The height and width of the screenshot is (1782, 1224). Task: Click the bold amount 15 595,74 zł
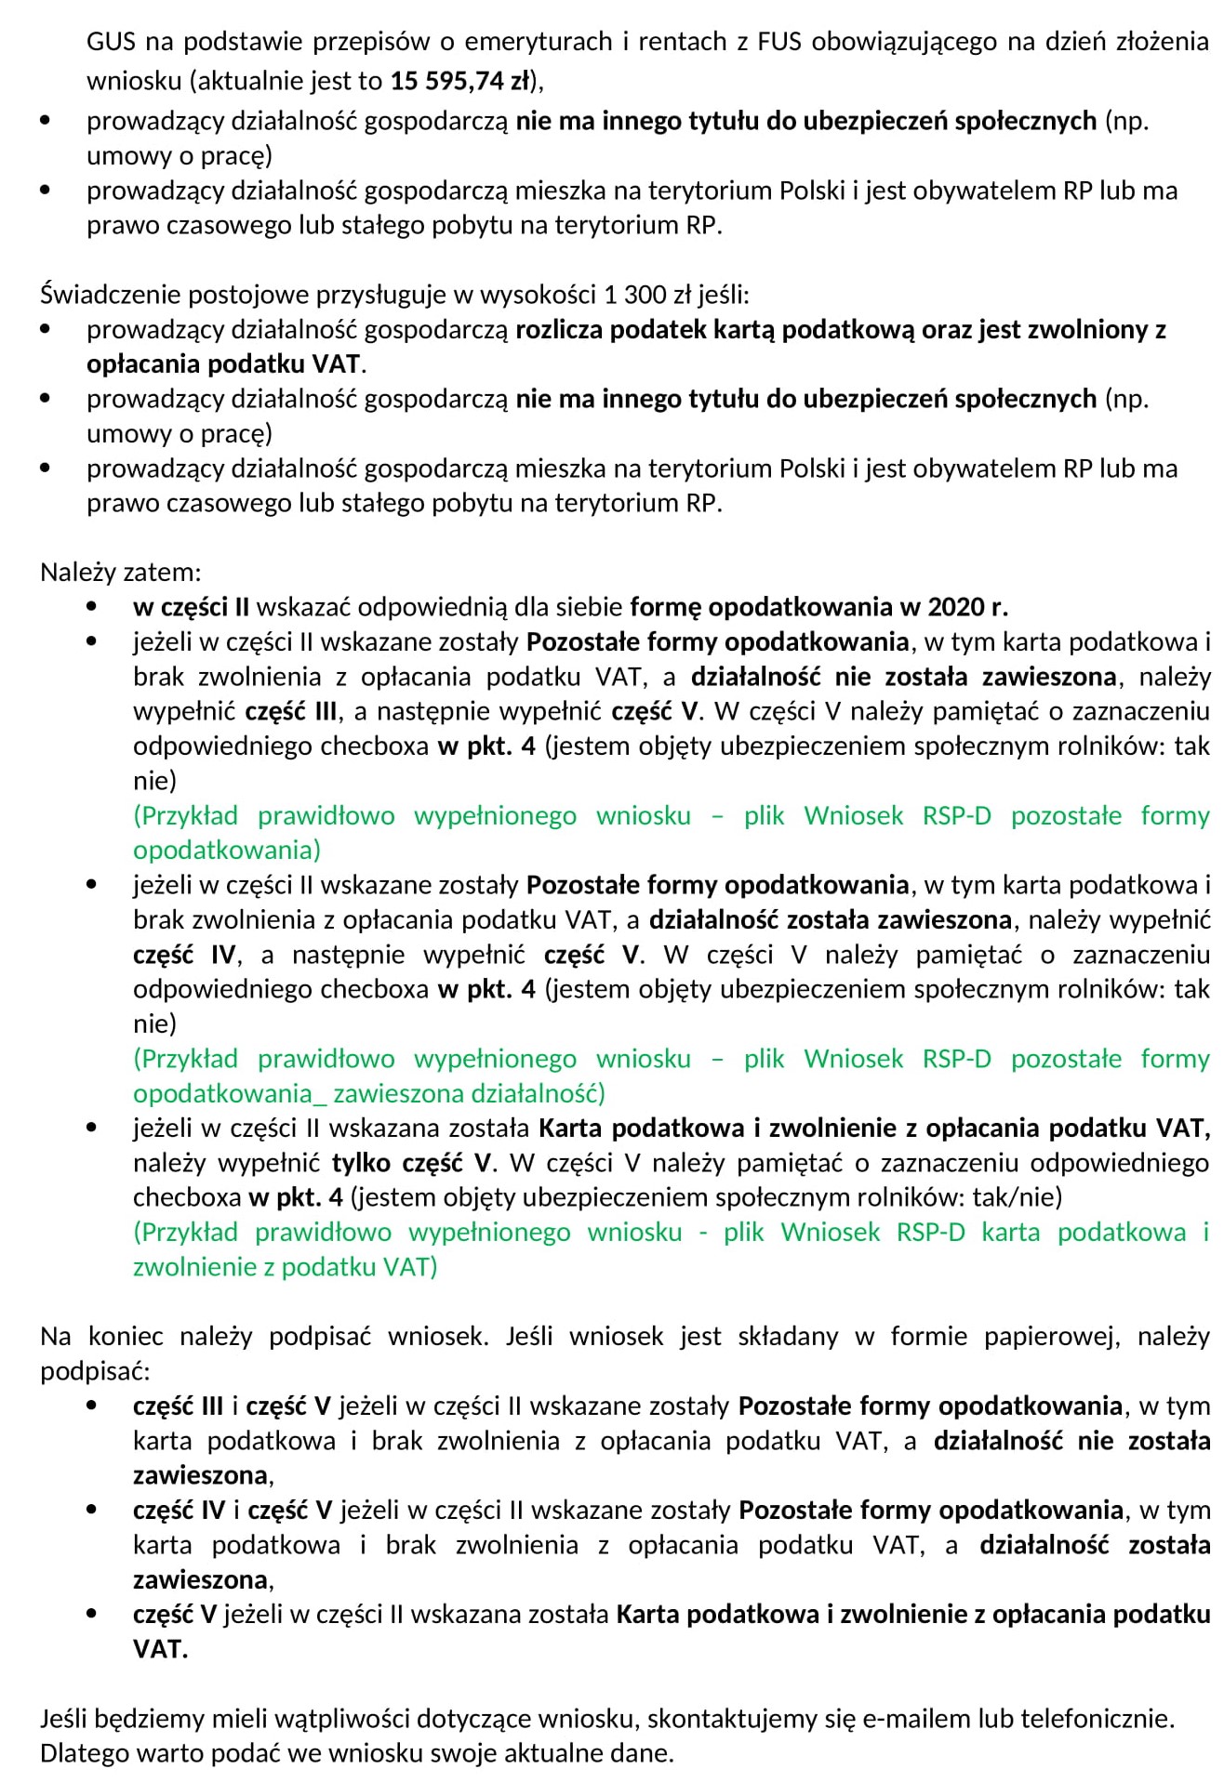(459, 81)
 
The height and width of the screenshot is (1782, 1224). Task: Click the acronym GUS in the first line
(111, 41)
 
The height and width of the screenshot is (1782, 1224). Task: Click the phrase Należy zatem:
(120, 572)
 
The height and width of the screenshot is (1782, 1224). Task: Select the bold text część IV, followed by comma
(188, 955)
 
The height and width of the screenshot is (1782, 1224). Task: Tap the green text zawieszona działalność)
(469, 1093)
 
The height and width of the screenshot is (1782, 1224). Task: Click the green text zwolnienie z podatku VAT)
(285, 1267)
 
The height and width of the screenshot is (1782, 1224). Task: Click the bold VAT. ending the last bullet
(160, 1649)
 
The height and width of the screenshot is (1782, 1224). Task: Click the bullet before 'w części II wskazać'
(91, 607)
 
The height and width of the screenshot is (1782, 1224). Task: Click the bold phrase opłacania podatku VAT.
(223, 363)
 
